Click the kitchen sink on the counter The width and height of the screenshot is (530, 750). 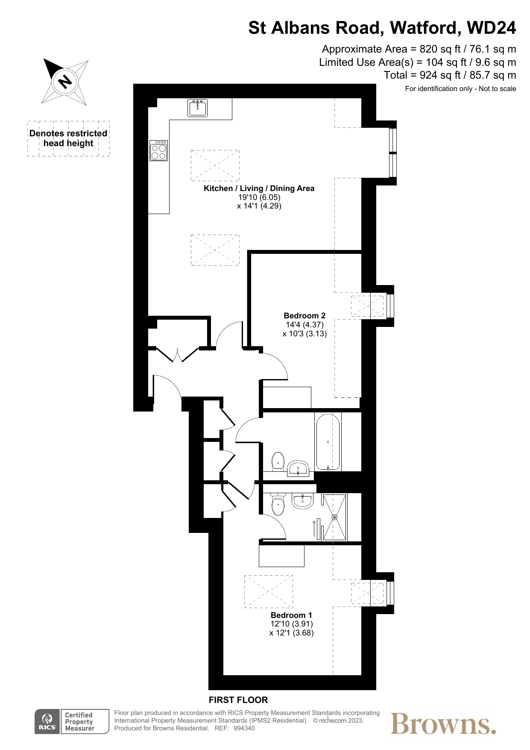tap(197, 108)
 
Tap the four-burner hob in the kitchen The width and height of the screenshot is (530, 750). tap(159, 150)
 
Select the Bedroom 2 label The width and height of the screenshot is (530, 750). tap(305, 316)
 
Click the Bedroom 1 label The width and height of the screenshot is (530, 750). tap(292, 615)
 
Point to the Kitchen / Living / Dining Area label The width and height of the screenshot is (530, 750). tap(259, 188)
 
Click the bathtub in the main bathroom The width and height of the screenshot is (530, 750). tap(328, 442)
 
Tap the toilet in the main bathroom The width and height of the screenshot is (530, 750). tap(278, 462)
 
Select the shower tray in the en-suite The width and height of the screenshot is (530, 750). tap(335, 517)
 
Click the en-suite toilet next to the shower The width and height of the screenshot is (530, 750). tap(278, 505)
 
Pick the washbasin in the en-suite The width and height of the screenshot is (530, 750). tap(303, 501)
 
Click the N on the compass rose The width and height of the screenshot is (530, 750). tap(65, 81)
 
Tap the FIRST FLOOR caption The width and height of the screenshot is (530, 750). tap(238, 700)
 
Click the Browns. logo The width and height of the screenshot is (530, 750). tap(444, 724)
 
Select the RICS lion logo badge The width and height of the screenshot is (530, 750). tap(47, 722)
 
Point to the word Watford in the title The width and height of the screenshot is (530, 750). tap(423, 28)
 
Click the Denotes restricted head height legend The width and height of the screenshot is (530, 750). tap(68, 138)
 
